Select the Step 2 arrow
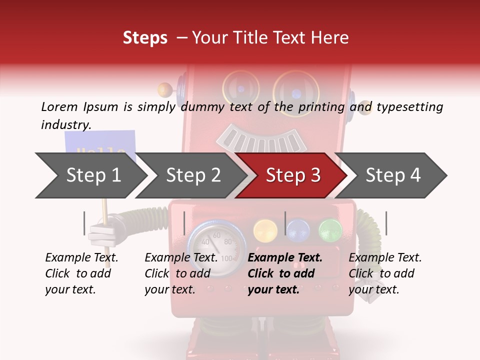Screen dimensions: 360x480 tap(192, 175)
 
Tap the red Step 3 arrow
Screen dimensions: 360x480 tap(292, 175)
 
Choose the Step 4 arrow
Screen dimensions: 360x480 tap(393, 175)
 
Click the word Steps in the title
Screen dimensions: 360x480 tap(145, 37)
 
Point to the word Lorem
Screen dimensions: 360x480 tap(59, 106)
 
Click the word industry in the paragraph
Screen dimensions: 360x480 tap(65, 125)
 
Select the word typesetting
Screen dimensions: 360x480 tap(409, 106)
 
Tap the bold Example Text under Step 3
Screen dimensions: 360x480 tap(285, 258)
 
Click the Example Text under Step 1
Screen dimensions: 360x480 tap(81, 258)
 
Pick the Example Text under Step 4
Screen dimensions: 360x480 tap(385, 258)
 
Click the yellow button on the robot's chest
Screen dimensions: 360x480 tap(265, 230)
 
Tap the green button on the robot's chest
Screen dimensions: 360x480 tap(330, 230)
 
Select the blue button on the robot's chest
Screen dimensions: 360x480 tap(298, 230)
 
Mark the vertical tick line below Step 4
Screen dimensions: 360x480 tap(386, 223)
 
